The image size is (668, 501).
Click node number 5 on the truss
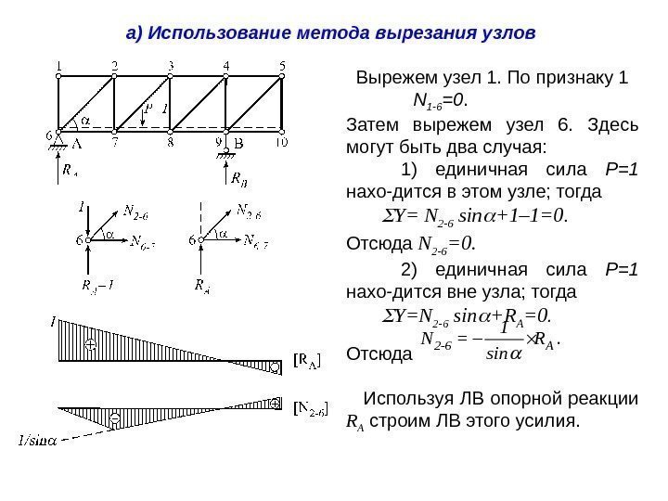pos(283,65)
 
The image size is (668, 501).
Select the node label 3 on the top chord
pos(171,65)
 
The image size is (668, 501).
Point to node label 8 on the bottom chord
pos(171,143)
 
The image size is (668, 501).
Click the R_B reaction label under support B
pos(238,178)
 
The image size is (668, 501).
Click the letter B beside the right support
pos(238,144)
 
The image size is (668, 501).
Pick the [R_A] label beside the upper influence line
pos(307,359)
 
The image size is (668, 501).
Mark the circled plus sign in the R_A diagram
pos(91,344)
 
